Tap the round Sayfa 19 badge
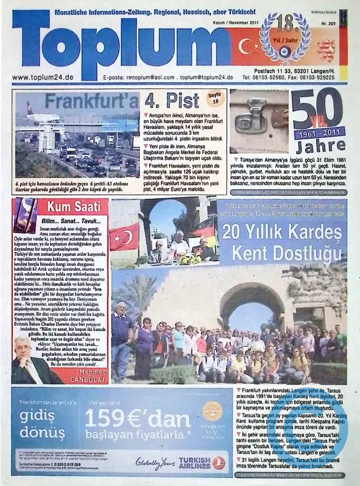214,98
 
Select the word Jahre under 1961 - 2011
321,148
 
